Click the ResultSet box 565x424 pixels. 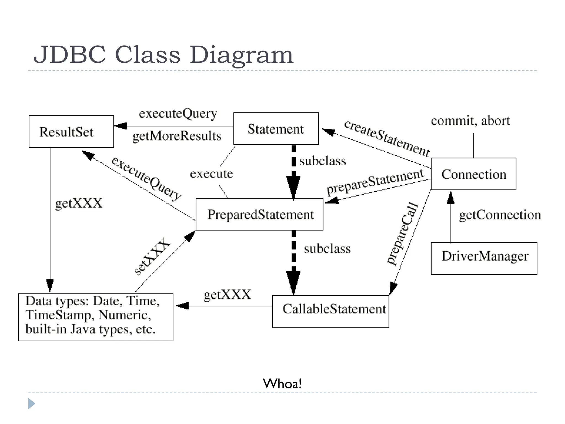pyautogui.click(x=71, y=131)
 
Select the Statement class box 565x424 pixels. pyautogui.click(x=276, y=129)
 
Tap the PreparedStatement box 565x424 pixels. pyautogui.click(x=260, y=214)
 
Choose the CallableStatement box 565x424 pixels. pyautogui.click(x=331, y=311)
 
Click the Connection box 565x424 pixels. pyautogui.click(x=473, y=174)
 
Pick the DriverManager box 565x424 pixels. pyautogui.click(x=484, y=258)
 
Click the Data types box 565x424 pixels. pyautogui.click(x=95, y=317)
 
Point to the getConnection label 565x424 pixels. pyautogui.click(x=500, y=215)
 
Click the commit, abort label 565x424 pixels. pyautogui.click(x=470, y=121)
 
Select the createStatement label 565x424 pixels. pyautogui.click(x=387, y=138)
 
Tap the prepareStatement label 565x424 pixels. pyautogui.click(x=375, y=182)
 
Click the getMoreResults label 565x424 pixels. pyautogui.click(x=177, y=136)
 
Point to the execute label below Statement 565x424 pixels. pyautogui.click(x=212, y=174)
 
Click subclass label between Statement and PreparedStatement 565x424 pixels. pyautogui.click(x=323, y=161)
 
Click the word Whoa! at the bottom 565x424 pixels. pyautogui.click(x=282, y=383)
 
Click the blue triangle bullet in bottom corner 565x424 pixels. pyautogui.click(x=31, y=404)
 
